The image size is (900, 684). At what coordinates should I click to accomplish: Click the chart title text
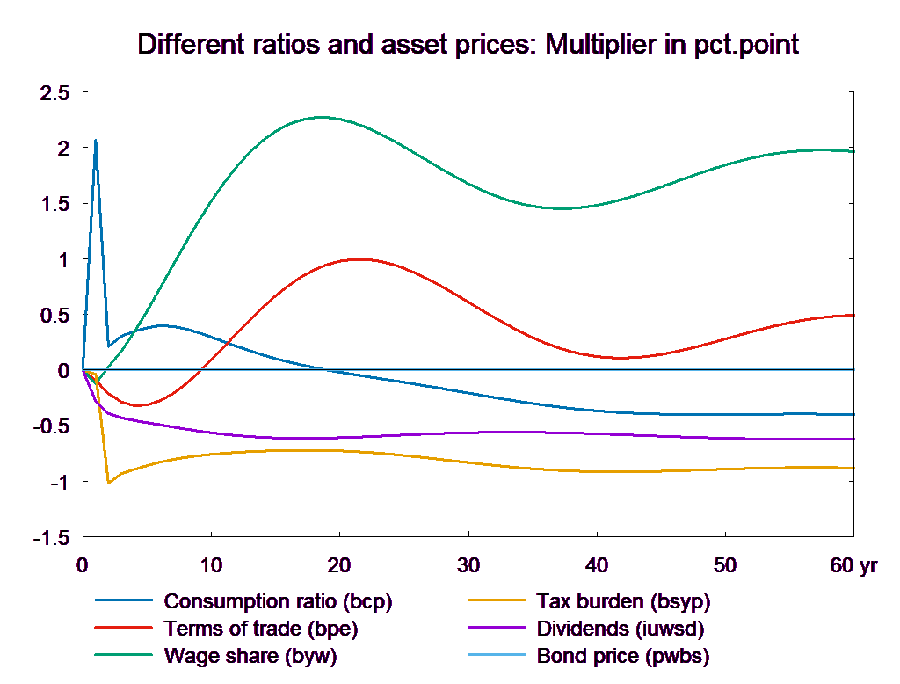tap(468, 45)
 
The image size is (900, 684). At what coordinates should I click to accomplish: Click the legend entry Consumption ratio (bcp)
tap(277, 602)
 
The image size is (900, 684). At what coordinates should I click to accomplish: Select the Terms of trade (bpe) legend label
tap(261, 629)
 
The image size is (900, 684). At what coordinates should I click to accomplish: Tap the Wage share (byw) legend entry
tap(250, 656)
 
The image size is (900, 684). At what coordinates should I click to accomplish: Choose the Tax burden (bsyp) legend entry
tap(622, 602)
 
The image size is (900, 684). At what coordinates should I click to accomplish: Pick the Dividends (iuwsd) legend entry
tap(620, 629)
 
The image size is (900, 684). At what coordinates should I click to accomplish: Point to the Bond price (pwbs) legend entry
tap(622, 656)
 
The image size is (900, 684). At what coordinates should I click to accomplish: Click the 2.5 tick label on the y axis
tap(54, 92)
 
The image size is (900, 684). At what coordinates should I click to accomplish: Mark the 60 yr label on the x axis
tap(853, 565)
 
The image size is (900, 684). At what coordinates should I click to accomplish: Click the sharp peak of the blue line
tap(96, 140)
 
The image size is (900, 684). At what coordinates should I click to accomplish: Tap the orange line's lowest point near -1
tap(109, 483)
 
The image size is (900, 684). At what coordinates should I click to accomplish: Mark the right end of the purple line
tap(854, 439)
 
